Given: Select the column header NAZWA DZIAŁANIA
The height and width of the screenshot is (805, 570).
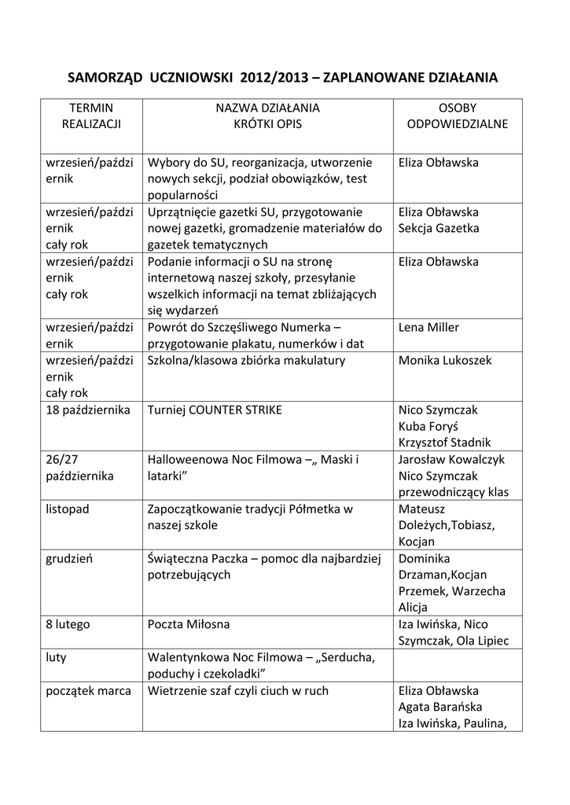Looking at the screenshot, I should [267, 108].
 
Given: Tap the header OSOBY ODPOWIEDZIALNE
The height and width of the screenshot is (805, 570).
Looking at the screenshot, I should [457, 116].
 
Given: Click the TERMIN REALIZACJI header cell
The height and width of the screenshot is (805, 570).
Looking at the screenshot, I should [91, 116].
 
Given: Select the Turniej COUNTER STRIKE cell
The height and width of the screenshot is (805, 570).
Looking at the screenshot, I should [215, 410].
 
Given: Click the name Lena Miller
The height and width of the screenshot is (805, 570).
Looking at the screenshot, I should [428, 328].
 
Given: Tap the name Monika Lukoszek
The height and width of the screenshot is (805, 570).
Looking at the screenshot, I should [444, 361].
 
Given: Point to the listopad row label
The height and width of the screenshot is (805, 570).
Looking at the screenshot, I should [68, 509].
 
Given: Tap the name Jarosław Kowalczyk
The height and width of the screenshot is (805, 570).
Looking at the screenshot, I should [451, 460].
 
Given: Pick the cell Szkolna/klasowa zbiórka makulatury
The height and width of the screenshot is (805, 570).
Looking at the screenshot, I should [246, 361].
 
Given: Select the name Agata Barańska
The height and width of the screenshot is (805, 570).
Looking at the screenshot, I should [439, 707].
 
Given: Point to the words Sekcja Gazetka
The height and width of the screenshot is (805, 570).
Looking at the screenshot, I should [439, 229].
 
